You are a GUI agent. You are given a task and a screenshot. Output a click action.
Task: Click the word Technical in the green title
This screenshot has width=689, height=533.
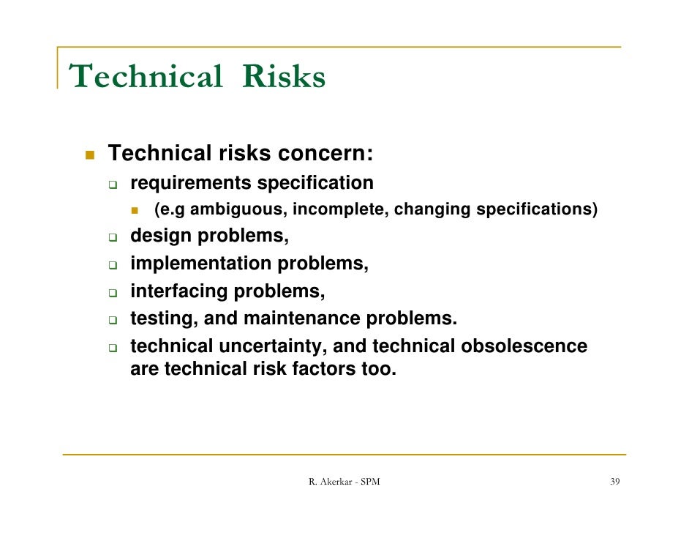[145, 77]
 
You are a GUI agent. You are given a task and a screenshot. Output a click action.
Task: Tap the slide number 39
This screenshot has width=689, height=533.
[615, 482]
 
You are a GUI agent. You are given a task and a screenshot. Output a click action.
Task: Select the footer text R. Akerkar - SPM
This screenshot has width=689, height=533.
[344, 482]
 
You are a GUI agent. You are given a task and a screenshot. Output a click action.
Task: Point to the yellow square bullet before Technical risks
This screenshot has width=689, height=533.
[90, 154]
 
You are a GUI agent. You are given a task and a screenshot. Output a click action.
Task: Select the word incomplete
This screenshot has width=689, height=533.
[342, 210]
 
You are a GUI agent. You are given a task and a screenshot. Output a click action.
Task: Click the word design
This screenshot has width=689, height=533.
[162, 236]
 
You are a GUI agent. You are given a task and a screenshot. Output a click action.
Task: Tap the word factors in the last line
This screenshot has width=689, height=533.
[323, 369]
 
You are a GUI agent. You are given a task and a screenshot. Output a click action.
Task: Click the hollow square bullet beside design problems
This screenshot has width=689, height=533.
[114, 238]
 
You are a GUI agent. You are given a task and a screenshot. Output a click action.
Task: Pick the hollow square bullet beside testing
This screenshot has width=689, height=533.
[114, 321]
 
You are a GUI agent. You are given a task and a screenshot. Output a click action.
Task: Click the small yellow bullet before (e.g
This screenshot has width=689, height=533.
[135, 211]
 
